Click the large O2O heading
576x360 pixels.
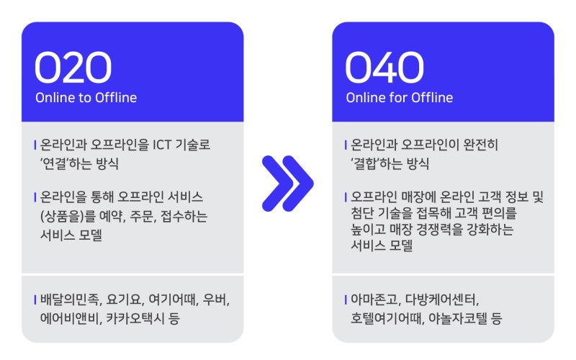tap(73, 68)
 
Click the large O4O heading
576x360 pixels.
tap(384, 68)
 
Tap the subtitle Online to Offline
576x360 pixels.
tap(86, 98)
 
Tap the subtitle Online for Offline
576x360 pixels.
tap(399, 98)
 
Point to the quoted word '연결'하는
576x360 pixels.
tap(71, 163)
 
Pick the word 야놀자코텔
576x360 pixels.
tap(462, 318)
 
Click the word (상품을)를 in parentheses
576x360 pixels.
tap(67, 216)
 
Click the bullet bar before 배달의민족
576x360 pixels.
tap(35, 300)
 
